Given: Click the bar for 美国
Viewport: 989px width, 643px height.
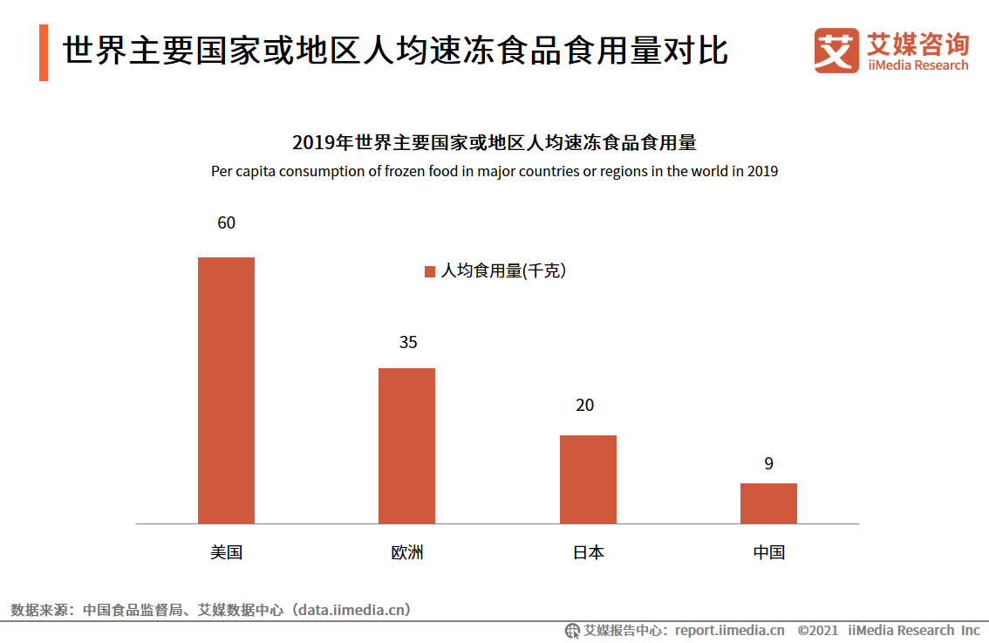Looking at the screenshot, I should click(226, 390).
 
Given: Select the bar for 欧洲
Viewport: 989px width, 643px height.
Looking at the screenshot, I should click(406, 446).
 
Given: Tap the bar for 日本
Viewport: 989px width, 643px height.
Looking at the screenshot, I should click(588, 479).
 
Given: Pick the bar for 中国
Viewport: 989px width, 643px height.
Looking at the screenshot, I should click(768, 503).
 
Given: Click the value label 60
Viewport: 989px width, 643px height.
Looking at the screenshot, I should click(226, 223).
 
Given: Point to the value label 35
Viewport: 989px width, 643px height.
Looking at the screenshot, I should click(408, 343).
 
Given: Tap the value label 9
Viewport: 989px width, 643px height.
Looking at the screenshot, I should click(768, 464).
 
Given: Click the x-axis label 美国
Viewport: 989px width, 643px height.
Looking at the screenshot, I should click(226, 552).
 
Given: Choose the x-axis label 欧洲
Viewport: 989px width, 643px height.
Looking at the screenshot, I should click(407, 552).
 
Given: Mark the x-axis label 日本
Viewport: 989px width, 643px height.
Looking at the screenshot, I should click(588, 552).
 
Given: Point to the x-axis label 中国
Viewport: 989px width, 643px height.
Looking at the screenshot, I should click(769, 552).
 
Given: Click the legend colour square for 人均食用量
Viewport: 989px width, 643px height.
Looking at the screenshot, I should click(429, 271).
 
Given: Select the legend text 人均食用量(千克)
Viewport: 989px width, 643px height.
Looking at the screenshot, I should click(503, 271).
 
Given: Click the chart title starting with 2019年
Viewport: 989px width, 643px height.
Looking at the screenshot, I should click(494, 143).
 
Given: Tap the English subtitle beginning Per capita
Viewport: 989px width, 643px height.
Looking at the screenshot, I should click(494, 171).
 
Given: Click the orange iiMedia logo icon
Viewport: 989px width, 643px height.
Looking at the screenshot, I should click(836, 51).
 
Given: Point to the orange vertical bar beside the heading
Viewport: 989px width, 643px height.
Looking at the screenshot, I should click(44, 53).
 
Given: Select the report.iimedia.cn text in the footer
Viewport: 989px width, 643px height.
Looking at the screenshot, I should click(729, 630).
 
